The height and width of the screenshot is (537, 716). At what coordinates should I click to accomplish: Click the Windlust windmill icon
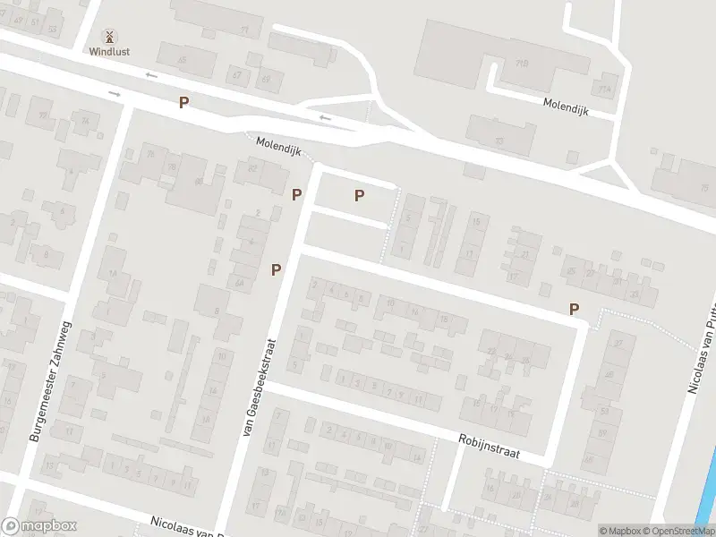click(x=109, y=37)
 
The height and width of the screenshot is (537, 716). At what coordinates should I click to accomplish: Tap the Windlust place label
click(x=109, y=52)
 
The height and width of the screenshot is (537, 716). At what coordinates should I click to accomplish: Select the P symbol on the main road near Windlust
click(x=183, y=102)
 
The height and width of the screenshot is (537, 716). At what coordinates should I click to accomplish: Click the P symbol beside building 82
click(x=296, y=193)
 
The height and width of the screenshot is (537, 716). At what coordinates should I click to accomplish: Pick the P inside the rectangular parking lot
click(x=359, y=195)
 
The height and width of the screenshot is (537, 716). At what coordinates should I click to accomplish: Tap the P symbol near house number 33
click(x=574, y=309)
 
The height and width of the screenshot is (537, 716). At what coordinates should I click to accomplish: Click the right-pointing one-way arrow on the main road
click(x=115, y=93)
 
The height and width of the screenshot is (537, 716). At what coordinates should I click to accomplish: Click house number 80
click(x=198, y=182)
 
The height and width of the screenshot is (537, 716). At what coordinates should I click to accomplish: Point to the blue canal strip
click(x=711, y=483)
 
